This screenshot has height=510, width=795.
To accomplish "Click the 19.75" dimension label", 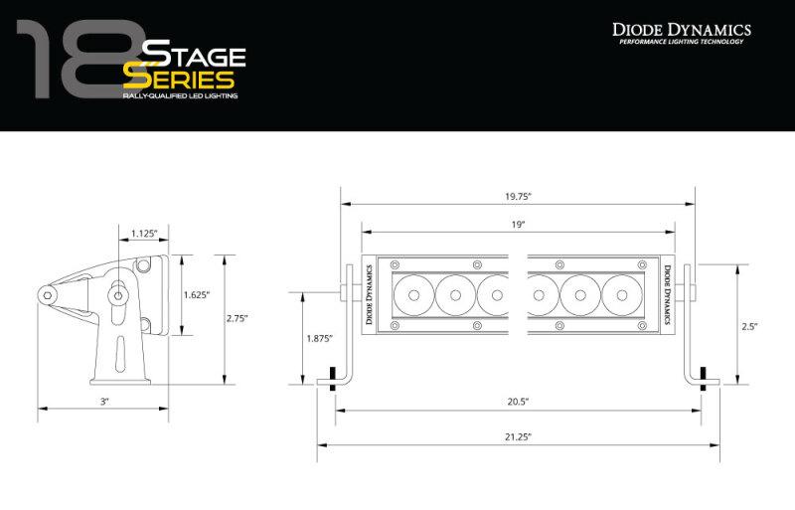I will [x=517, y=196].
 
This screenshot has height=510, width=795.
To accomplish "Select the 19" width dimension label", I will [x=518, y=226].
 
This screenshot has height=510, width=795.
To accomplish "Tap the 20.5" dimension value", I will [x=517, y=401].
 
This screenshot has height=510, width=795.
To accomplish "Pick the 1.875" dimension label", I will [x=319, y=338].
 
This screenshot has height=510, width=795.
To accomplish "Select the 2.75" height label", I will [x=237, y=318].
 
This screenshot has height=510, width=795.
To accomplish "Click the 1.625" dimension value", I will [x=197, y=294].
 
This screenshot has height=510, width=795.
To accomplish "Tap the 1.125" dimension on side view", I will [x=144, y=235].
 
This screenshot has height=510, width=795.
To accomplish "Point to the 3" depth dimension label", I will [x=103, y=401].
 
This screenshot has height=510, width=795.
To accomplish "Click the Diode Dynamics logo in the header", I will [x=681, y=30].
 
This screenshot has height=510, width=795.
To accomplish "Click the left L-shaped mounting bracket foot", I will [x=335, y=381].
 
